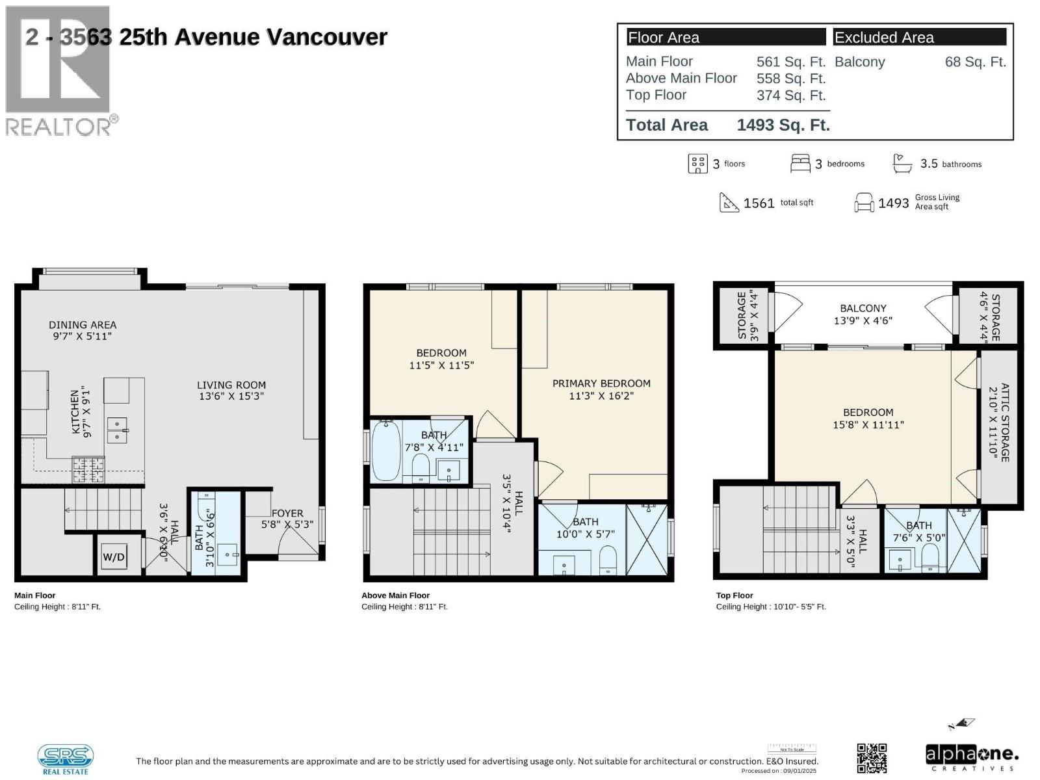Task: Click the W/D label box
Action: click(x=114, y=556)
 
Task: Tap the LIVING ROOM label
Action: click(x=231, y=390)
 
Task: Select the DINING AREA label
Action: click(x=83, y=330)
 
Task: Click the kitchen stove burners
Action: click(x=88, y=469)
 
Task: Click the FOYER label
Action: click(x=287, y=518)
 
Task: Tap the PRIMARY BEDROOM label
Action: click(x=601, y=389)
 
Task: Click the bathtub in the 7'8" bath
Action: click(x=386, y=450)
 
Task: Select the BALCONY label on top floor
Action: click(x=863, y=314)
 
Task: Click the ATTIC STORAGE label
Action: click(x=998, y=422)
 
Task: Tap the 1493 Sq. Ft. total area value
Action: click(x=783, y=125)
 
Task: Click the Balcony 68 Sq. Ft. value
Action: click(x=975, y=62)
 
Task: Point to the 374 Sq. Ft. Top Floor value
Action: click(x=790, y=96)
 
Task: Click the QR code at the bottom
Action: click(x=872, y=758)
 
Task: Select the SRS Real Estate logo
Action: click(x=65, y=759)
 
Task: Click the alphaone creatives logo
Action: click(x=972, y=757)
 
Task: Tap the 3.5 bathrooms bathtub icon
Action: click(x=902, y=163)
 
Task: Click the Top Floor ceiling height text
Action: click(x=771, y=606)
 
